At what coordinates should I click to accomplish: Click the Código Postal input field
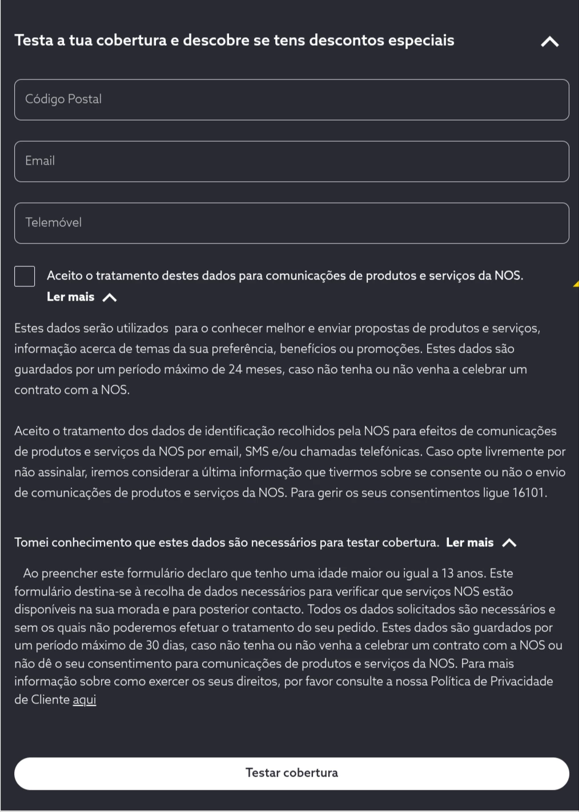[x=291, y=99]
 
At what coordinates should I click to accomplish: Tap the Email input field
[x=291, y=161]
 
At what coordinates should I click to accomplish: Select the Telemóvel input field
[x=291, y=223]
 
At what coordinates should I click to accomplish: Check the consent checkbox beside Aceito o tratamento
[x=25, y=276]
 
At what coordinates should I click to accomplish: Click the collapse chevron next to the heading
[x=549, y=42]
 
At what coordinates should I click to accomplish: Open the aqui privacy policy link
[x=84, y=699]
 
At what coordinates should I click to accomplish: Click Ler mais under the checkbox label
[x=70, y=297]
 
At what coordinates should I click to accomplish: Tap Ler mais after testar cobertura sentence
[x=469, y=542]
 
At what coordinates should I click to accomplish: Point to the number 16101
[x=528, y=493]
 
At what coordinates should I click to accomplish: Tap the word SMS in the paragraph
[x=257, y=451]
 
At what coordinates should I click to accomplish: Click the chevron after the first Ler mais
[x=109, y=297]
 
